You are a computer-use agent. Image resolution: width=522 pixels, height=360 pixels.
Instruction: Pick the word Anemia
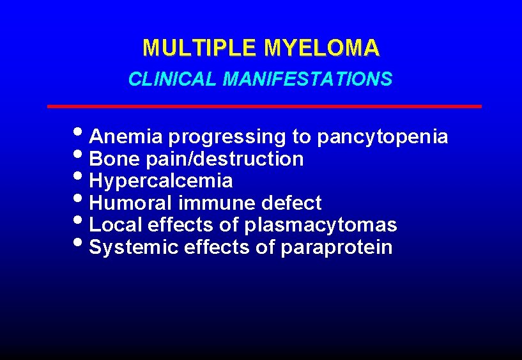[x=127, y=137]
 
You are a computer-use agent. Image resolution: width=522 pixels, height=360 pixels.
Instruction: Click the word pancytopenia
[x=382, y=137]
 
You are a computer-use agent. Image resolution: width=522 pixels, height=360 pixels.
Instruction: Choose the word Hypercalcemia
[x=161, y=181]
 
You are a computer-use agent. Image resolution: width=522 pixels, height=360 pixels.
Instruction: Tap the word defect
[x=292, y=203]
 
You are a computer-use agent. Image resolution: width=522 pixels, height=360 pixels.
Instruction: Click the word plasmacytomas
[x=321, y=226]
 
